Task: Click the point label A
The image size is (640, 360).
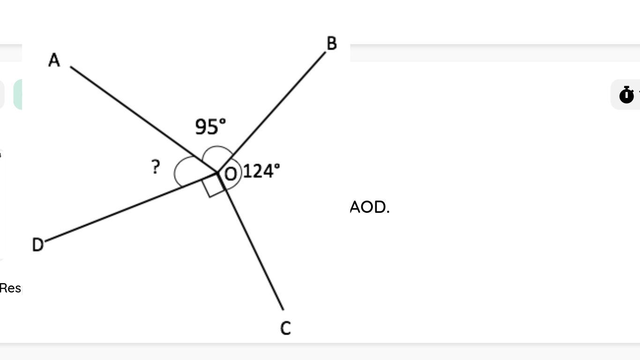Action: (54, 60)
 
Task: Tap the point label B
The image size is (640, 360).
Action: (332, 44)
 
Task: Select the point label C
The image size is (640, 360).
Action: (285, 328)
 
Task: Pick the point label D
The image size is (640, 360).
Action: (37, 245)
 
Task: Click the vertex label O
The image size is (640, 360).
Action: (231, 174)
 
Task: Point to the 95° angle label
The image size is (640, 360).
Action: (210, 127)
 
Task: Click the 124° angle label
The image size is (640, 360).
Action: (261, 171)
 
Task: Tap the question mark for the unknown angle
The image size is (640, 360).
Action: (156, 167)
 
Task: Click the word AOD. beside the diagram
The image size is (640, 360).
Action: (370, 207)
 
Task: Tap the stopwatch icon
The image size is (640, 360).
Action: (626, 95)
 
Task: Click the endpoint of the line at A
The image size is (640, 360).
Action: (71, 67)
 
